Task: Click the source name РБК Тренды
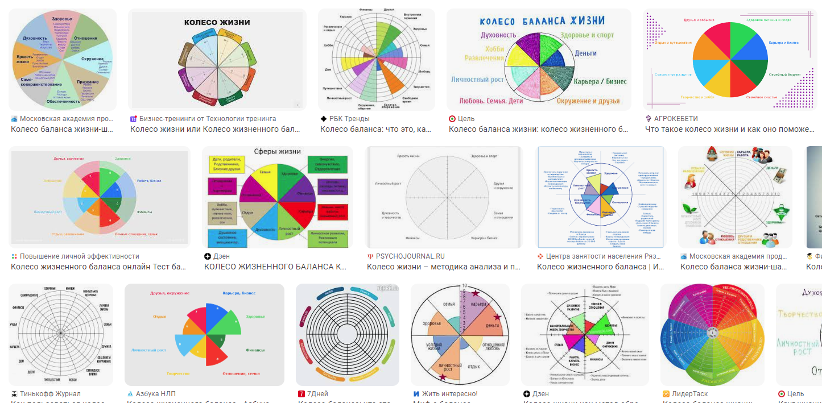tap(349, 119)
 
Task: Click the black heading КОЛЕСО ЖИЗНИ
tap(217, 23)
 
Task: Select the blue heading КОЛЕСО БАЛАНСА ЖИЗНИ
tap(542, 21)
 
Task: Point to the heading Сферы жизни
tap(278, 152)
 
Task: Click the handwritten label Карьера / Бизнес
tap(600, 81)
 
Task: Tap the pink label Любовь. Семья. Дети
tap(491, 101)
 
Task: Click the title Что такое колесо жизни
tap(729, 129)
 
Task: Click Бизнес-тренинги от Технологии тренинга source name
tap(208, 119)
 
